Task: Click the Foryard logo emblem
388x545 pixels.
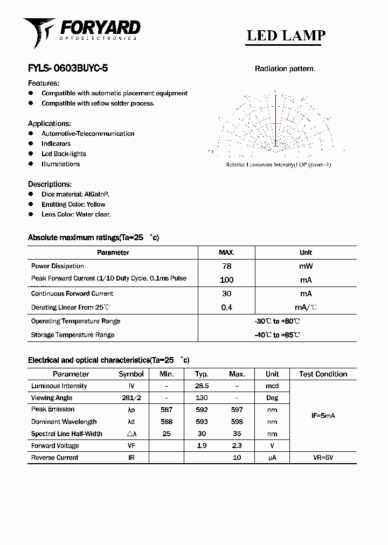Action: pyautogui.click(x=39, y=31)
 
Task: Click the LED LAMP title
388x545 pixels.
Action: pyautogui.click(x=286, y=36)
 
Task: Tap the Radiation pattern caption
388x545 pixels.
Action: pyautogui.click(x=285, y=69)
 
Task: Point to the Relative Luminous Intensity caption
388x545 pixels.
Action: pyautogui.click(x=278, y=165)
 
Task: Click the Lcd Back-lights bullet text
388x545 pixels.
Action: pyautogui.click(x=64, y=154)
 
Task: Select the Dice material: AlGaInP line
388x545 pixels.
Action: pyautogui.click(x=75, y=194)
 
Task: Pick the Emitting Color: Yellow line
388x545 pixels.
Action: pyautogui.click(x=73, y=204)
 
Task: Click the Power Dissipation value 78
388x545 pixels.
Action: pyautogui.click(x=227, y=266)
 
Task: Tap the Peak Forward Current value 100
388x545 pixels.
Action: pyautogui.click(x=227, y=280)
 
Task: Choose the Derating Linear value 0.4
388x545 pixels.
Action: pyautogui.click(x=227, y=308)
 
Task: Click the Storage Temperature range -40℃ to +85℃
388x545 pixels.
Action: pyautogui.click(x=277, y=335)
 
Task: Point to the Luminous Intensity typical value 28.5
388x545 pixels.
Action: pyautogui.click(x=202, y=386)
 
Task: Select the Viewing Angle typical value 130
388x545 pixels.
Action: pyautogui.click(x=202, y=398)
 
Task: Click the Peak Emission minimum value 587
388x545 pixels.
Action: pyautogui.click(x=167, y=410)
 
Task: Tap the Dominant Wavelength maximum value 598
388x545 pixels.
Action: pyautogui.click(x=237, y=422)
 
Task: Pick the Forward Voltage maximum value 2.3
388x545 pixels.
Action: pyautogui.click(x=237, y=445)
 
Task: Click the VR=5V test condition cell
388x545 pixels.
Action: pyautogui.click(x=323, y=457)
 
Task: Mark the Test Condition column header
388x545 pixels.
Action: pyautogui.click(x=323, y=374)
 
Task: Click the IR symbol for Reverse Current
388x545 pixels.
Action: pyautogui.click(x=131, y=457)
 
